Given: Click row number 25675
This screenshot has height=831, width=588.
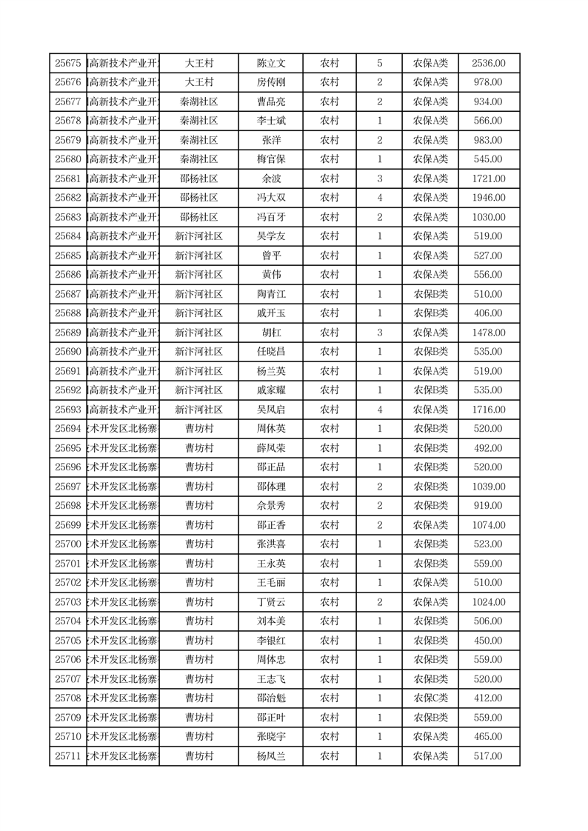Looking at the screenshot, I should click(68, 64).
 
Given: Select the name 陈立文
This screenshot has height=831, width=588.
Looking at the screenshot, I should click(271, 64).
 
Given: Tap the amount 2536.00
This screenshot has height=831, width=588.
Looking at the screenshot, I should click(489, 64).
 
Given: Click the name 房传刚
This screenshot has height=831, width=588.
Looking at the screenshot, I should click(271, 83).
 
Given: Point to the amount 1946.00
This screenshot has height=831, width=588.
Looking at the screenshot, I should click(489, 198).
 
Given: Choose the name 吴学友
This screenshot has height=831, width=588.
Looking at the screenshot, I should click(271, 237).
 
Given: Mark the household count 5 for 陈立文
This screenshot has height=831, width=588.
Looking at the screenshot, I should click(380, 64).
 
